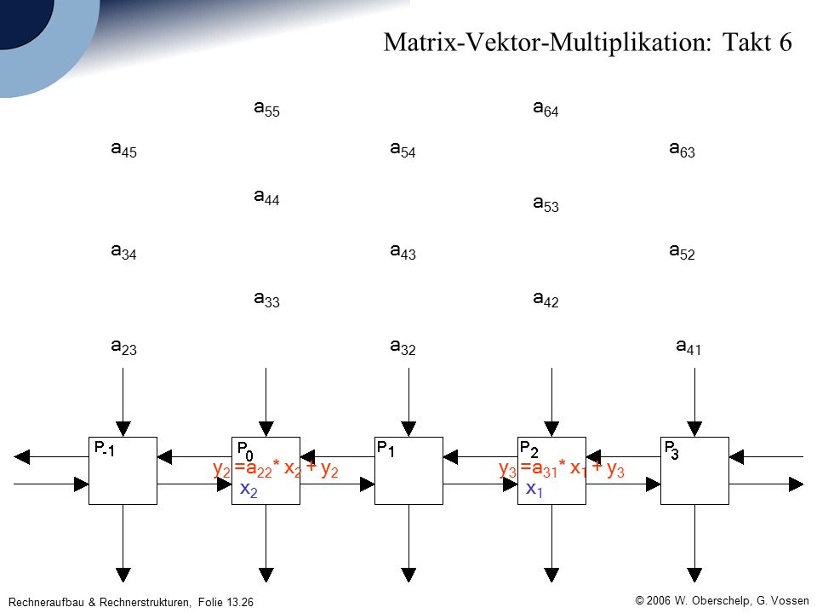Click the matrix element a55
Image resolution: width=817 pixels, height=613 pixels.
tap(266, 108)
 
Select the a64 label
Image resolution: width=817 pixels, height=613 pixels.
tap(546, 108)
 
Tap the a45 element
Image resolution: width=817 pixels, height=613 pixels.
tap(124, 150)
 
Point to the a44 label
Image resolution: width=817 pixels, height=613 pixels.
tap(266, 197)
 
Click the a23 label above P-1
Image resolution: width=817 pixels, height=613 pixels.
tap(124, 347)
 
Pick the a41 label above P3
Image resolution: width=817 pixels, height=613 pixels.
tap(688, 347)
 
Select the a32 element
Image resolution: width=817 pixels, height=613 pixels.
tap(403, 347)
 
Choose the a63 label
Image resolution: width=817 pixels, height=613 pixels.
tap(682, 150)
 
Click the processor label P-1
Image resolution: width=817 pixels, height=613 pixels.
tap(104, 449)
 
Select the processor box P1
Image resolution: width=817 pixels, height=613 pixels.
tap(408, 471)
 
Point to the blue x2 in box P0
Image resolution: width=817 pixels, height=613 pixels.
tap(249, 490)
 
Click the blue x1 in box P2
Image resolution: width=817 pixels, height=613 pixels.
tap(534, 490)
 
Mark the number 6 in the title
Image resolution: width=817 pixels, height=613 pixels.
tap(786, 42)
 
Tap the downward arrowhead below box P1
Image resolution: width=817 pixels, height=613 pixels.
tap(408, 575)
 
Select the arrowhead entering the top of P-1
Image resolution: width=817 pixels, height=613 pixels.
tap(123, 429)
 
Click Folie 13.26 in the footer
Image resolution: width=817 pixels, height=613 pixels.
tap(226, 602)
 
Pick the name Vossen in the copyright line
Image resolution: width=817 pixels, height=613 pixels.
tap(790, 600)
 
